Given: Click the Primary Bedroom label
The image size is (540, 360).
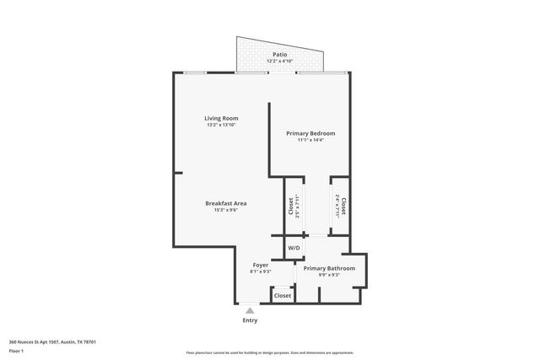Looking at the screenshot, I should pyautogui.click(x=310, y=133).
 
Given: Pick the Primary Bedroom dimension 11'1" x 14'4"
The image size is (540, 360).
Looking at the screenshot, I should pyautogui.click(x=310, y=140).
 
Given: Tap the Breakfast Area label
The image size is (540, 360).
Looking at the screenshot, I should pyautogui.click(x=225, y=203).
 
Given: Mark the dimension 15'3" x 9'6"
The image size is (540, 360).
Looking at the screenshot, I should pyautogui.click(x=225, y=210).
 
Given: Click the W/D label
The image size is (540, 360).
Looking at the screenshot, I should pyautogui.click(x=294, y=248).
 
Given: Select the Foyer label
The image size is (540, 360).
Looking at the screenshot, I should pyautogui.click(x=260, y=265).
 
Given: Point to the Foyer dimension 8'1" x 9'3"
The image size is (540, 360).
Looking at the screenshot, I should pyautogui.click(x=260, y=271).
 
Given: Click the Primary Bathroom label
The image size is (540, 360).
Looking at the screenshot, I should pyautogui.click(x=329, y=268).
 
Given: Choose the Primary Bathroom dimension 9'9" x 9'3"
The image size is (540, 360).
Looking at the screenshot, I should pyautogui.click(x=329, y=275).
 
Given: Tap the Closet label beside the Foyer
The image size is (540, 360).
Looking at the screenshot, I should pyautogui.click(x=283, y=295).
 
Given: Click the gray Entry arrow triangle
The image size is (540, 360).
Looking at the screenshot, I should pyautogui.click(x=250, y=310).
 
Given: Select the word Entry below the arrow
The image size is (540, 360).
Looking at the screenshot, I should pyautogui.click(x=250, y=320).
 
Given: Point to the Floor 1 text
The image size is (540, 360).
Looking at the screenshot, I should pyautogui.click(x=16, y=350).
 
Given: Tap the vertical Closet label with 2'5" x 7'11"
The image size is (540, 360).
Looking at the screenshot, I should pyautogui.click(x=291, y=206).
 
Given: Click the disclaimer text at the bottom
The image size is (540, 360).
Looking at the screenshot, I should pyautogui.click(x=269, y=352).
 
